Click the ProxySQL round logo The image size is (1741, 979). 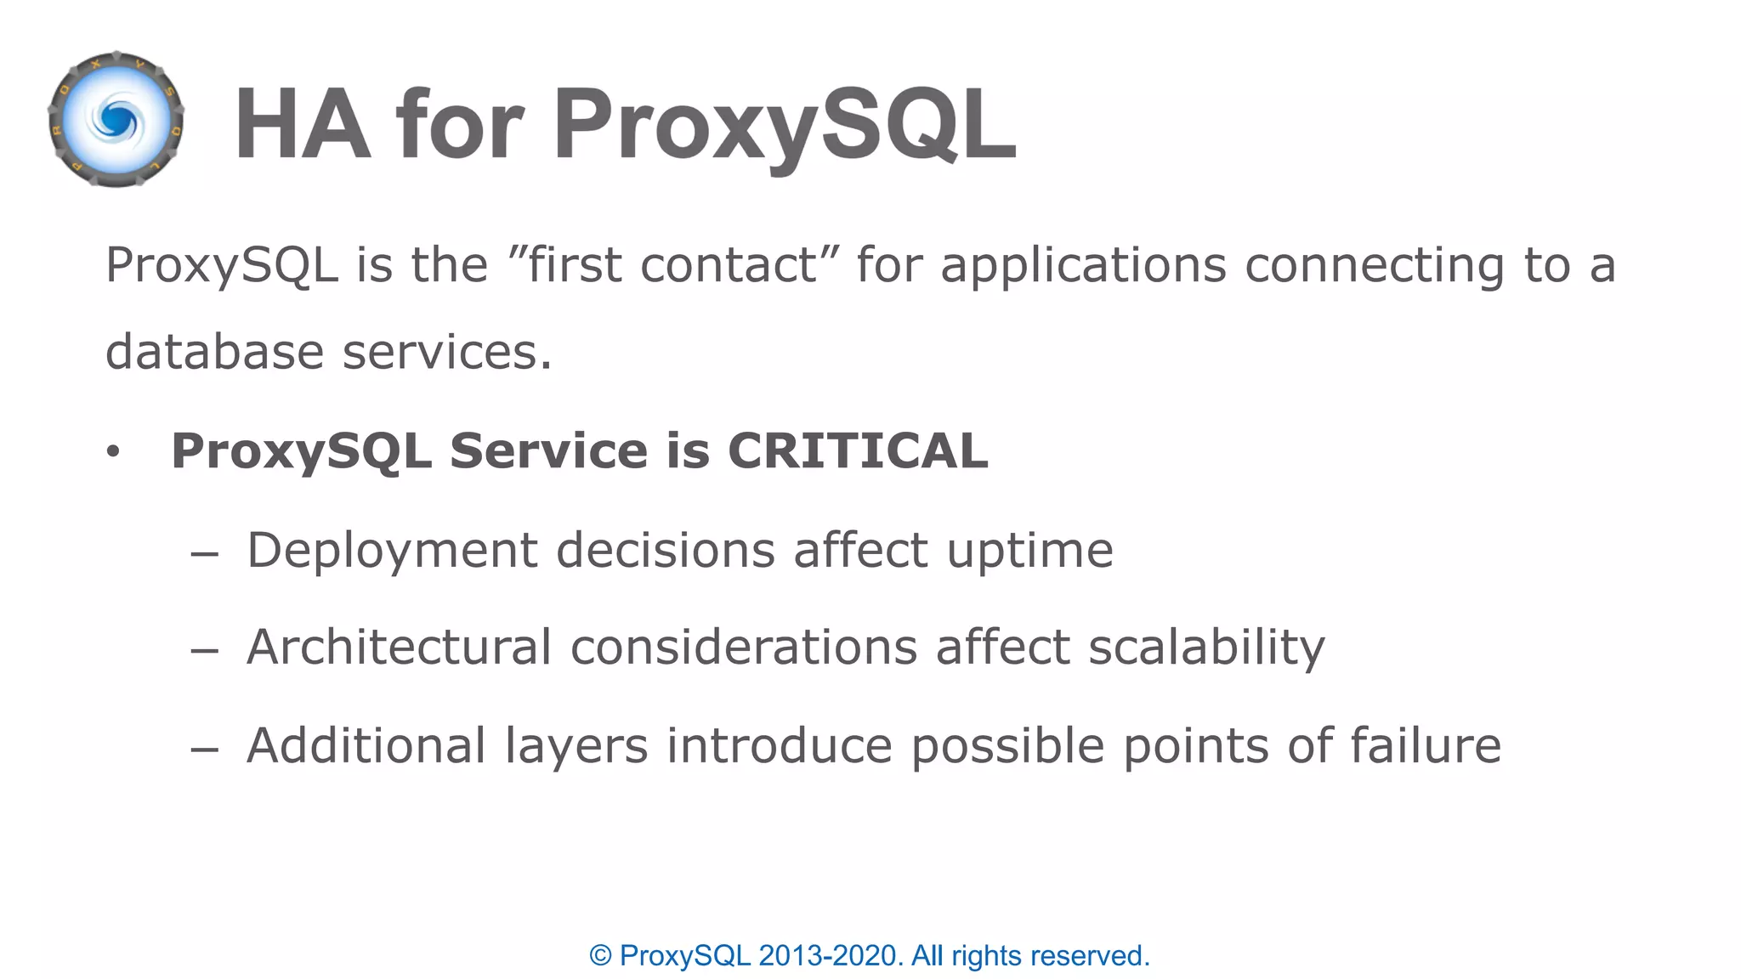116,120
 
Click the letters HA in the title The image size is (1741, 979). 302,125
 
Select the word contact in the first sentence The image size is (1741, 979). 728,265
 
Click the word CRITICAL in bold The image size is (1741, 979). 858,450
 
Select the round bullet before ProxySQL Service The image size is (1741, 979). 113,452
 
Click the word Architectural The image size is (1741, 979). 399,648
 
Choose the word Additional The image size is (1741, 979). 366,746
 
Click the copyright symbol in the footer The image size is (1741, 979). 600,956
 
